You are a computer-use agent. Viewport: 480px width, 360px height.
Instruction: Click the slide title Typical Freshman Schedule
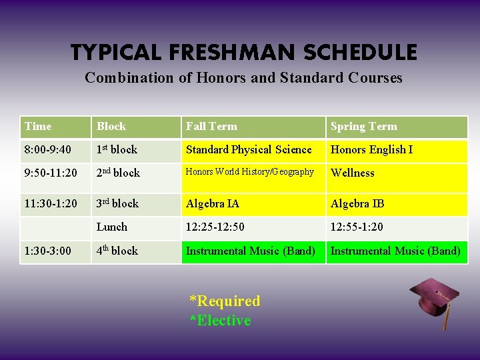244,52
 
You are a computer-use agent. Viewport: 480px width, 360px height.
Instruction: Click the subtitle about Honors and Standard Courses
243,77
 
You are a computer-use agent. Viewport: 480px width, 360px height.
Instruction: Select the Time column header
38,126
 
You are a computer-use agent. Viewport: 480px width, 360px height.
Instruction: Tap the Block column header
111,126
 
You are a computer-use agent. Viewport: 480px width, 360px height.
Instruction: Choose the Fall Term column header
211,126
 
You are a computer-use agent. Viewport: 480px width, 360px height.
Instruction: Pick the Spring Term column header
363,126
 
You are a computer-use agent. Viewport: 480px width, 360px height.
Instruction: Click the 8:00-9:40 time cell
47,149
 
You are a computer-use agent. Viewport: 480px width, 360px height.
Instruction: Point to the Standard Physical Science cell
249,149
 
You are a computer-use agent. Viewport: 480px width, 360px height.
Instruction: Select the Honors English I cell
371,149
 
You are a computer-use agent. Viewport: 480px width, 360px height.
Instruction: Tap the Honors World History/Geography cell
249,172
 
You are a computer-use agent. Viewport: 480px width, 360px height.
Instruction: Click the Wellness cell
353,173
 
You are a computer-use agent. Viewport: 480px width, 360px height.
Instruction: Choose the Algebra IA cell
212,203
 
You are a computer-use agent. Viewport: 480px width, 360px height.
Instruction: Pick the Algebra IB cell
357,203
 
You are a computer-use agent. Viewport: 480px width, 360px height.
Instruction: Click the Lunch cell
111,227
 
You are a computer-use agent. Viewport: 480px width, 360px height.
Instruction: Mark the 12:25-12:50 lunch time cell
215,227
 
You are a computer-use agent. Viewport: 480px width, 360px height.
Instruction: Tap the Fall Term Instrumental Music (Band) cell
251,251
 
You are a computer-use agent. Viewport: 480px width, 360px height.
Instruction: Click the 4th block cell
117,251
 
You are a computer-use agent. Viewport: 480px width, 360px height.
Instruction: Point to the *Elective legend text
221,321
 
